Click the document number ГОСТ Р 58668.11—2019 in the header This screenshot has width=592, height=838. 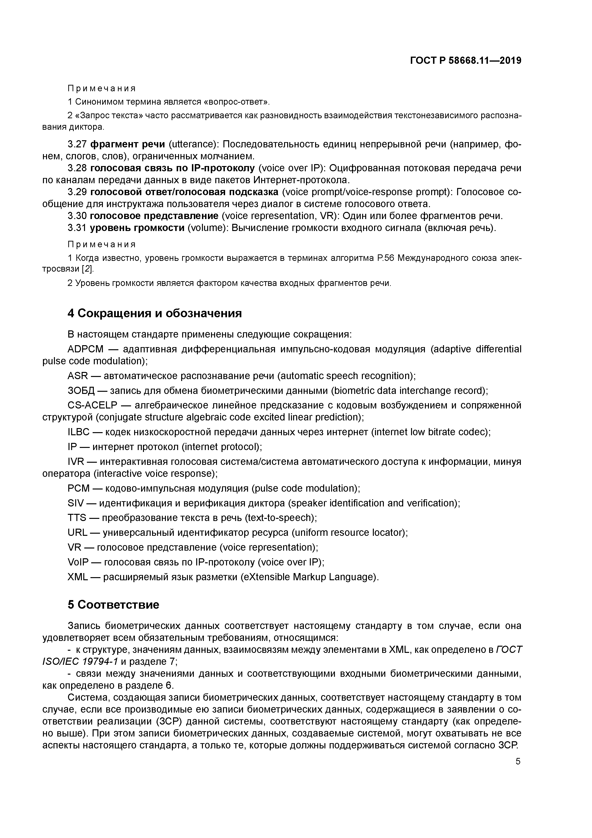point(465,61)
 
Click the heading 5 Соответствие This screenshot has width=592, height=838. point(113,605)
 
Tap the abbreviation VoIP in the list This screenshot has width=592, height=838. point(78,562)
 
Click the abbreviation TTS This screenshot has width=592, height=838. point(77,518)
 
